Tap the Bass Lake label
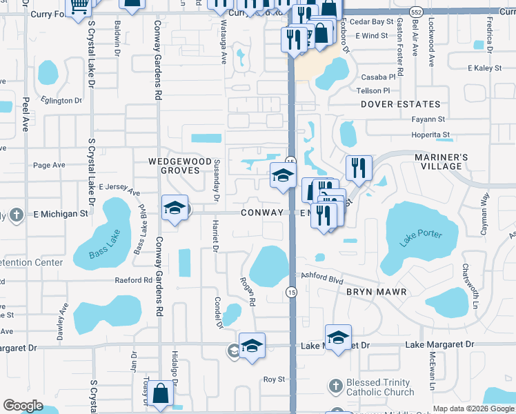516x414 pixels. tap(105, 250)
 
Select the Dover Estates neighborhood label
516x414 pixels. tap(400, 104)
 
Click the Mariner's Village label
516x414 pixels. tap(441, 161)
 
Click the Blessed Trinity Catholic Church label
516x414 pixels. tap(379, 388)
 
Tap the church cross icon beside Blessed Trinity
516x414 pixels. tap(335, 385)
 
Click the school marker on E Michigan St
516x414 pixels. tap(175, 208)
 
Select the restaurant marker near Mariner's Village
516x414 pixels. tap(359, 168)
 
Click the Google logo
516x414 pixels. tap(23, 405)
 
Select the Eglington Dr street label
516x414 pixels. tap(61, 101)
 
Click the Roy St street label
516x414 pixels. tap(274, 379)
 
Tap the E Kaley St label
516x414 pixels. tap(484, 68)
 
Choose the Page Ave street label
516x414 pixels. tap(49, 165)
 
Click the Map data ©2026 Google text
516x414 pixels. tap(473, 408)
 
